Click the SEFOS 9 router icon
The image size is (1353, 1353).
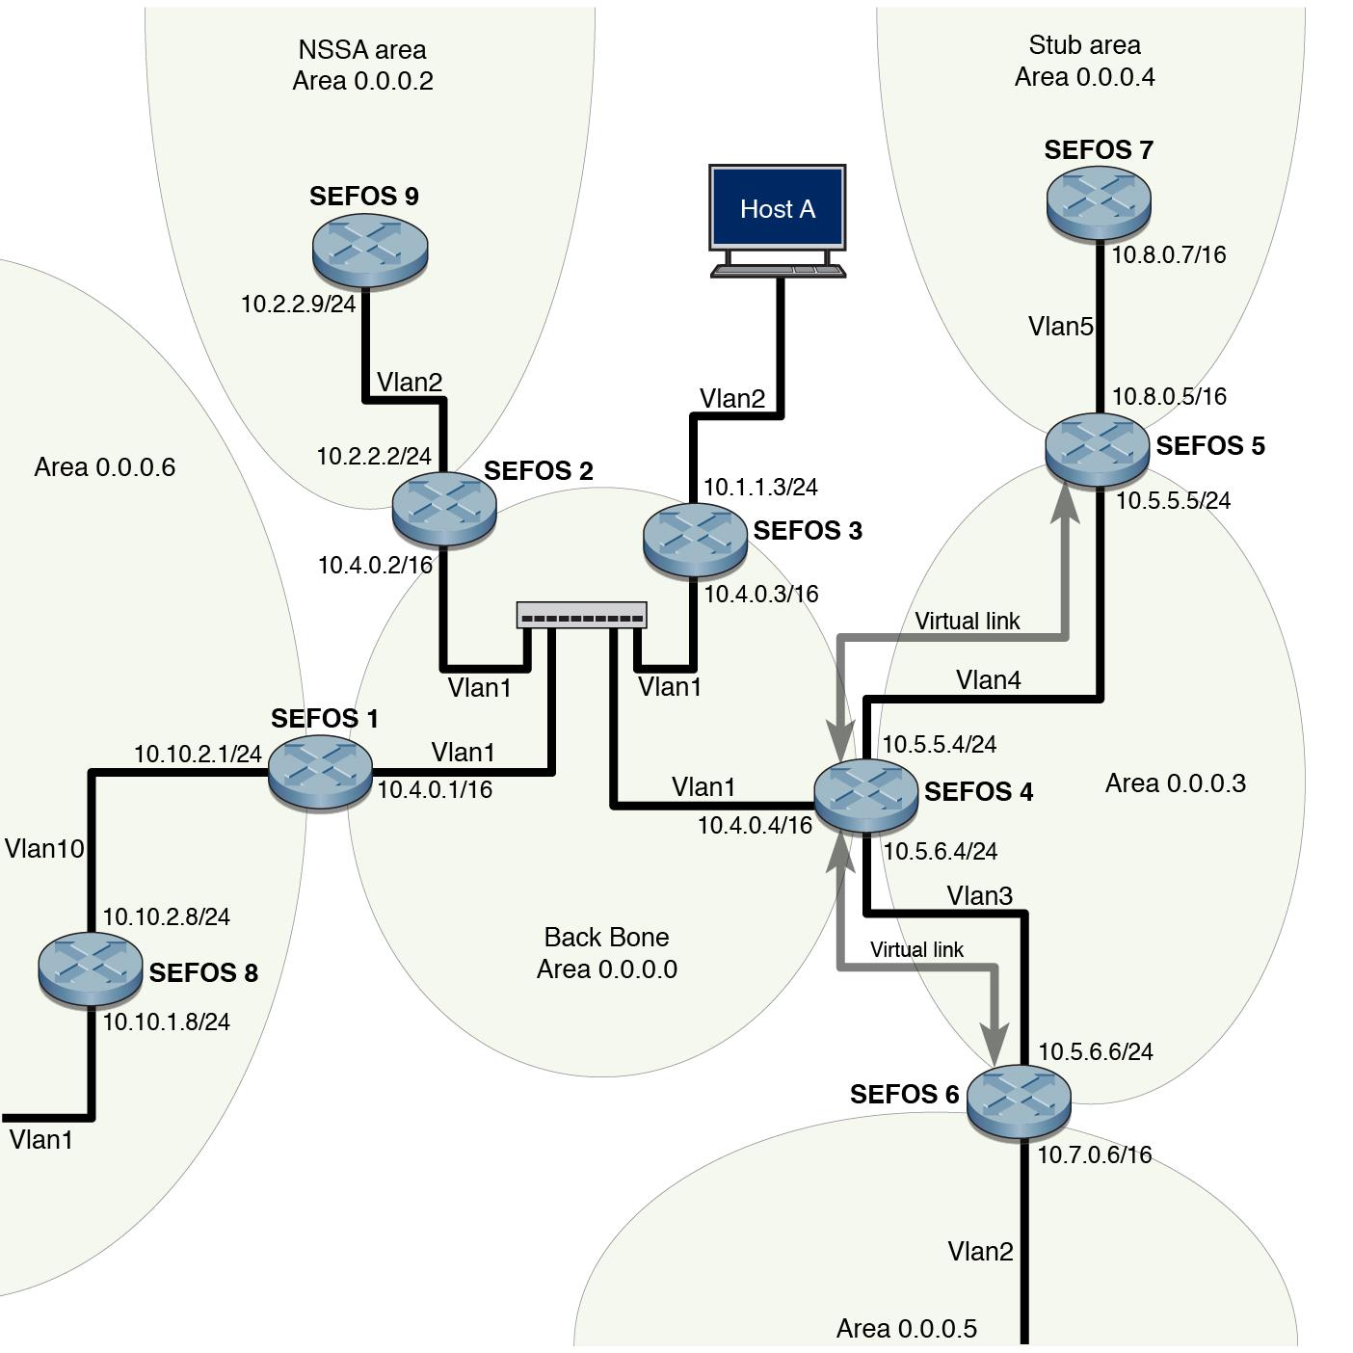click(x=369, y=249)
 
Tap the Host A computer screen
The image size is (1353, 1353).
click(x=778, y=207)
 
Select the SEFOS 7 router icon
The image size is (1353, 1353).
click(x=1099, y=201)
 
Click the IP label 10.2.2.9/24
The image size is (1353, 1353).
click(x=298, y=305)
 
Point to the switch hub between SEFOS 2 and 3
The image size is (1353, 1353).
click(x=581, y=616)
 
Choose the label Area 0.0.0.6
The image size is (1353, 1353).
click(x=104, y=467)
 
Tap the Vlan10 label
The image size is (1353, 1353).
click(x=44, y=849)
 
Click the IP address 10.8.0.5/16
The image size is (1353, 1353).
click(x=1169, y=397)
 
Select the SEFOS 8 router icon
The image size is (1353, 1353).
click(x=90, y=968)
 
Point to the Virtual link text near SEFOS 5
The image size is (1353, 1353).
click(x=967, y=622)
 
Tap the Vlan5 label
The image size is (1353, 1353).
click(x=1060, y=327)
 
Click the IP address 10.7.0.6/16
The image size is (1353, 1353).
click(x=1094, y=1154)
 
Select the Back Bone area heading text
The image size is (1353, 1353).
click(x=606, y=938)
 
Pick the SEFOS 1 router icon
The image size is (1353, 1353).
click(x=320, y=771)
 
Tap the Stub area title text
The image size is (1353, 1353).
click(x=1084, y=45)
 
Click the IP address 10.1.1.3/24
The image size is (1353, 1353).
click(x=760, y=488)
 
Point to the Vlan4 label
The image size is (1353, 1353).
click(x=988, y=680)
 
